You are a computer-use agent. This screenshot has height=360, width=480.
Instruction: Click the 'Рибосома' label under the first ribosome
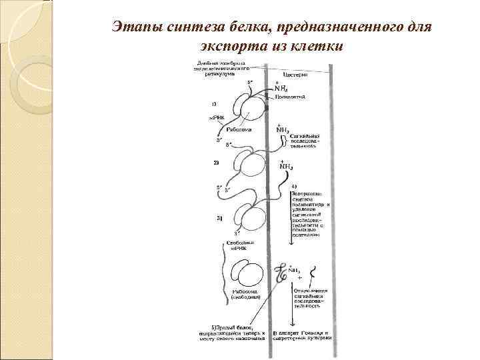[238, 130]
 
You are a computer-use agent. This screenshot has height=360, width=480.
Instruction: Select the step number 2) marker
[215, 163]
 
